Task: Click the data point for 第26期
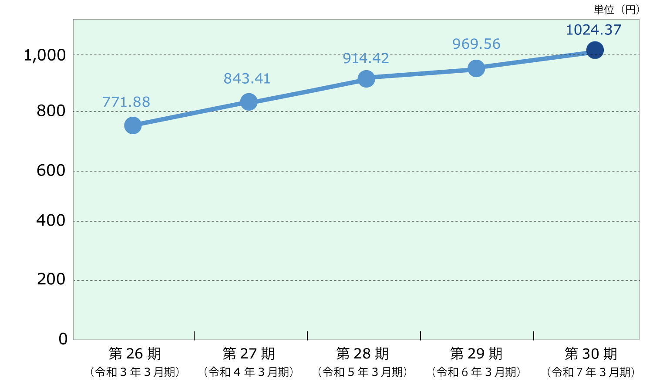133,125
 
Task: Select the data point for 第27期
249,102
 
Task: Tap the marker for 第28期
366,78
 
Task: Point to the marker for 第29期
476,68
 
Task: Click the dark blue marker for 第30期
595,50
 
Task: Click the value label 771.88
126,102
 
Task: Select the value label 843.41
247,78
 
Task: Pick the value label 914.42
366,58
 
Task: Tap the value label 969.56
476,44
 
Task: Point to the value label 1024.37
593,30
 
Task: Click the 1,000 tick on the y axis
44,55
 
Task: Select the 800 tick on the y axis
51,111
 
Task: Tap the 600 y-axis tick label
51,170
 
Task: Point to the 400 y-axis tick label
51,221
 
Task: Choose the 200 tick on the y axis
51,279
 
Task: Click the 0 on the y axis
63,339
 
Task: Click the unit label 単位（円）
616,10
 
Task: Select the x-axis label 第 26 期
135,354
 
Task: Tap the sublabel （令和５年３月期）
363,372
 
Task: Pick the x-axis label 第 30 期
591,354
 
